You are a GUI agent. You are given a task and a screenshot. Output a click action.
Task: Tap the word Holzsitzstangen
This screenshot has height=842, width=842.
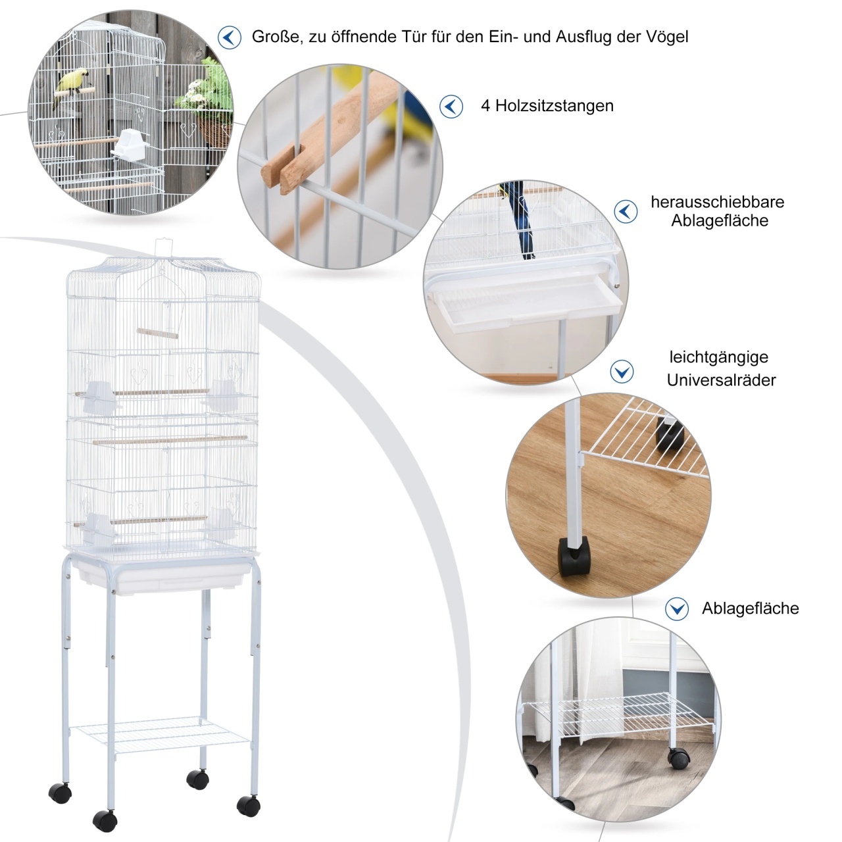(x=554, y=106)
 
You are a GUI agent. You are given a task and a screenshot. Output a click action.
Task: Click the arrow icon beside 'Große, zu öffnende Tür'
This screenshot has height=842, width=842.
(x=229, y=37)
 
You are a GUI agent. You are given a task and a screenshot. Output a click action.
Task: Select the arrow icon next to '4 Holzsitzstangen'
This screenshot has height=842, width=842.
(x=451, y=107)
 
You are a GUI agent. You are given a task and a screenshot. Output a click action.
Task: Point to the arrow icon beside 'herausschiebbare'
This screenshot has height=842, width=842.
(x=626, y=212)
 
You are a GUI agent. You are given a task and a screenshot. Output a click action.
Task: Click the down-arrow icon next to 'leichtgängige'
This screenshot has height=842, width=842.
(x=622, y=372)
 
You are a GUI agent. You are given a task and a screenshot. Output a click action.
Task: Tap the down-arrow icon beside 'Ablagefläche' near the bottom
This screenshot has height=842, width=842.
(x=677, y=608)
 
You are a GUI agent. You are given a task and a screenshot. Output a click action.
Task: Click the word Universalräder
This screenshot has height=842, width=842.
(x=721, y=380)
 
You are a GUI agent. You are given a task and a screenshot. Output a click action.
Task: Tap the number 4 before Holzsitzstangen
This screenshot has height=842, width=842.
(x=485, y=106)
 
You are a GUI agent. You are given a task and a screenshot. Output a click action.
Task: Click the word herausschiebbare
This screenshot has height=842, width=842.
(x=718, y=203)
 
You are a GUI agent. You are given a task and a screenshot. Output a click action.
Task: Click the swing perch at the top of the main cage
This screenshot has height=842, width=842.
(x=158, y=334)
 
